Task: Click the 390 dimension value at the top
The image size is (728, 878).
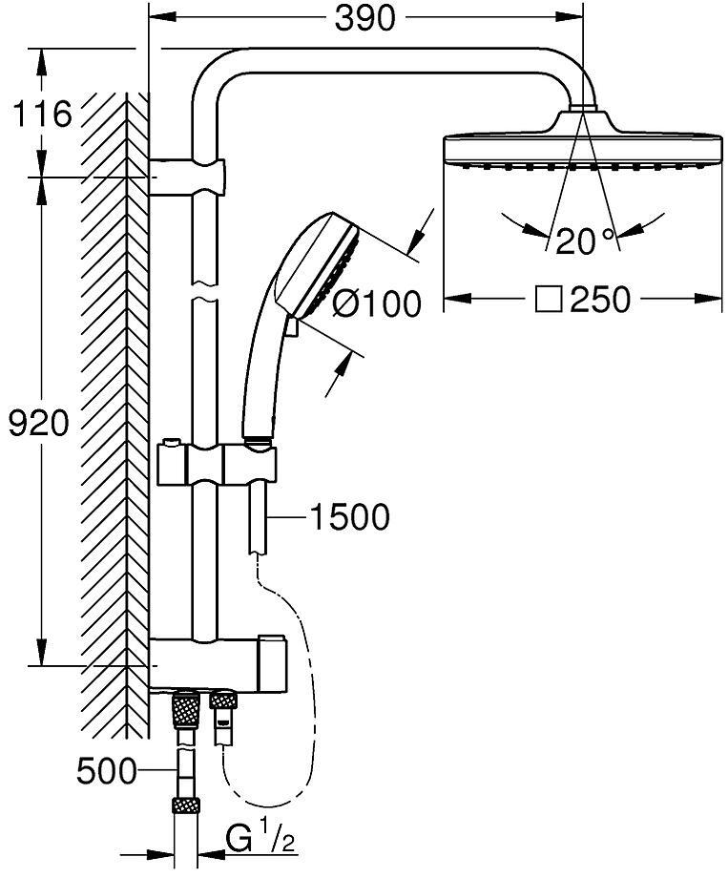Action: (x=365, y=19)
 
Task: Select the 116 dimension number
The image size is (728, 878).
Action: (x=43, y=115)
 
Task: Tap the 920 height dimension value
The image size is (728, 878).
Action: (x=38, y=423)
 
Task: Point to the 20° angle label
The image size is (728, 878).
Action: (x=585, y=241)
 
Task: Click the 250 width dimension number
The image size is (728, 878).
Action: (x=600, y=300)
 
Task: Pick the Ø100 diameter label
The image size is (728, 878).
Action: (x=376, y=304)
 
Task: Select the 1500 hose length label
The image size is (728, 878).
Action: (x=349, y=517)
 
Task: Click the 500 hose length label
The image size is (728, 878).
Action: (x=107, y=772)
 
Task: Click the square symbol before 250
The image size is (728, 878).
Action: (x=549, y=300)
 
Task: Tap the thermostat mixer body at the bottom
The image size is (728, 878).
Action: (x=218, y=663)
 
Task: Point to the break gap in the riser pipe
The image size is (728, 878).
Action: (x=204, y=291)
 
